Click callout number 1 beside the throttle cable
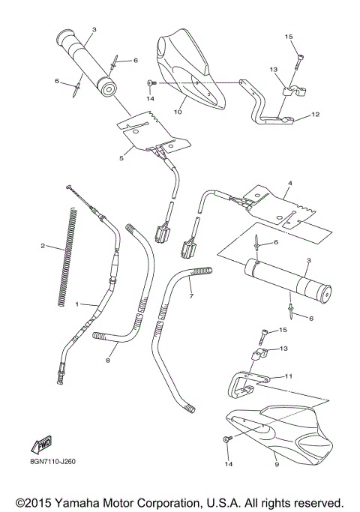tap(76, 304)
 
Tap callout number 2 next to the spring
tap(43, 246)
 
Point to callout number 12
tap(316, 115)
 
